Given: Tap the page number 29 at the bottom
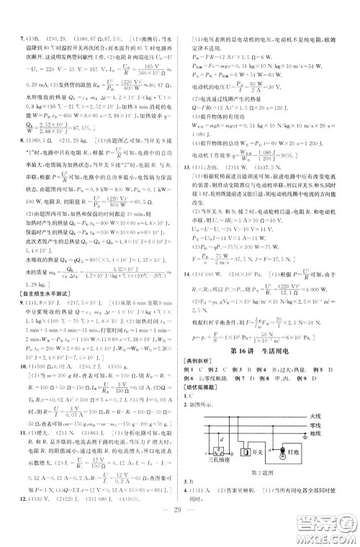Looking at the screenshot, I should tap(179, 526).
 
